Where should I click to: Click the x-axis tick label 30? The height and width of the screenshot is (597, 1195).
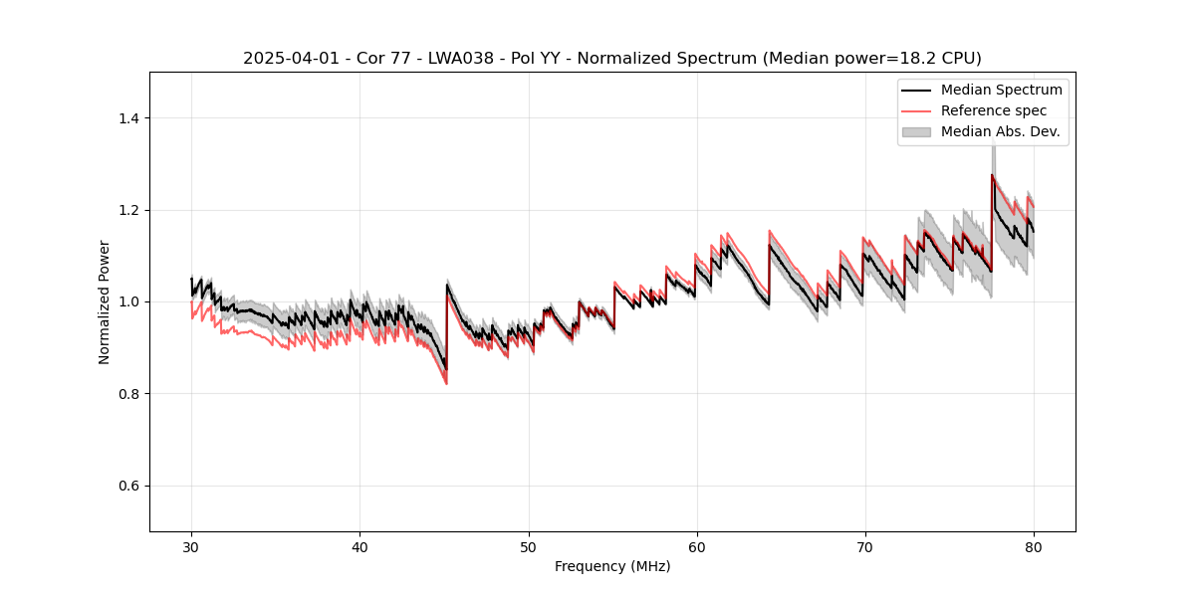(191, 547)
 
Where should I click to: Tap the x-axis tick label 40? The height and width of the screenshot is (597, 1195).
(359, 547)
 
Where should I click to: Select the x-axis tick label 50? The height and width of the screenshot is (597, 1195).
(528, 547)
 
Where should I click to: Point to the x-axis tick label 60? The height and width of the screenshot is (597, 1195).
(696, 547)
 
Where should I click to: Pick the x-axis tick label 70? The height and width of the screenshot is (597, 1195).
(864, 547)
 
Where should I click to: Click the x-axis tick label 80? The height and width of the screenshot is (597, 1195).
(1033, 547)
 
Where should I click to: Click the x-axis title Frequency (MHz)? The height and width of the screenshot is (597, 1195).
(612, 567)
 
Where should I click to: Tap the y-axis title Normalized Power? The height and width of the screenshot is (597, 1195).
(104, 301)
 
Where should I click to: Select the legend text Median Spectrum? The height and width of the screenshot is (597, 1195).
(1001, 90)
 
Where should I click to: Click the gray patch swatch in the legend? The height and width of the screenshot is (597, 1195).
(916, 131)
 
